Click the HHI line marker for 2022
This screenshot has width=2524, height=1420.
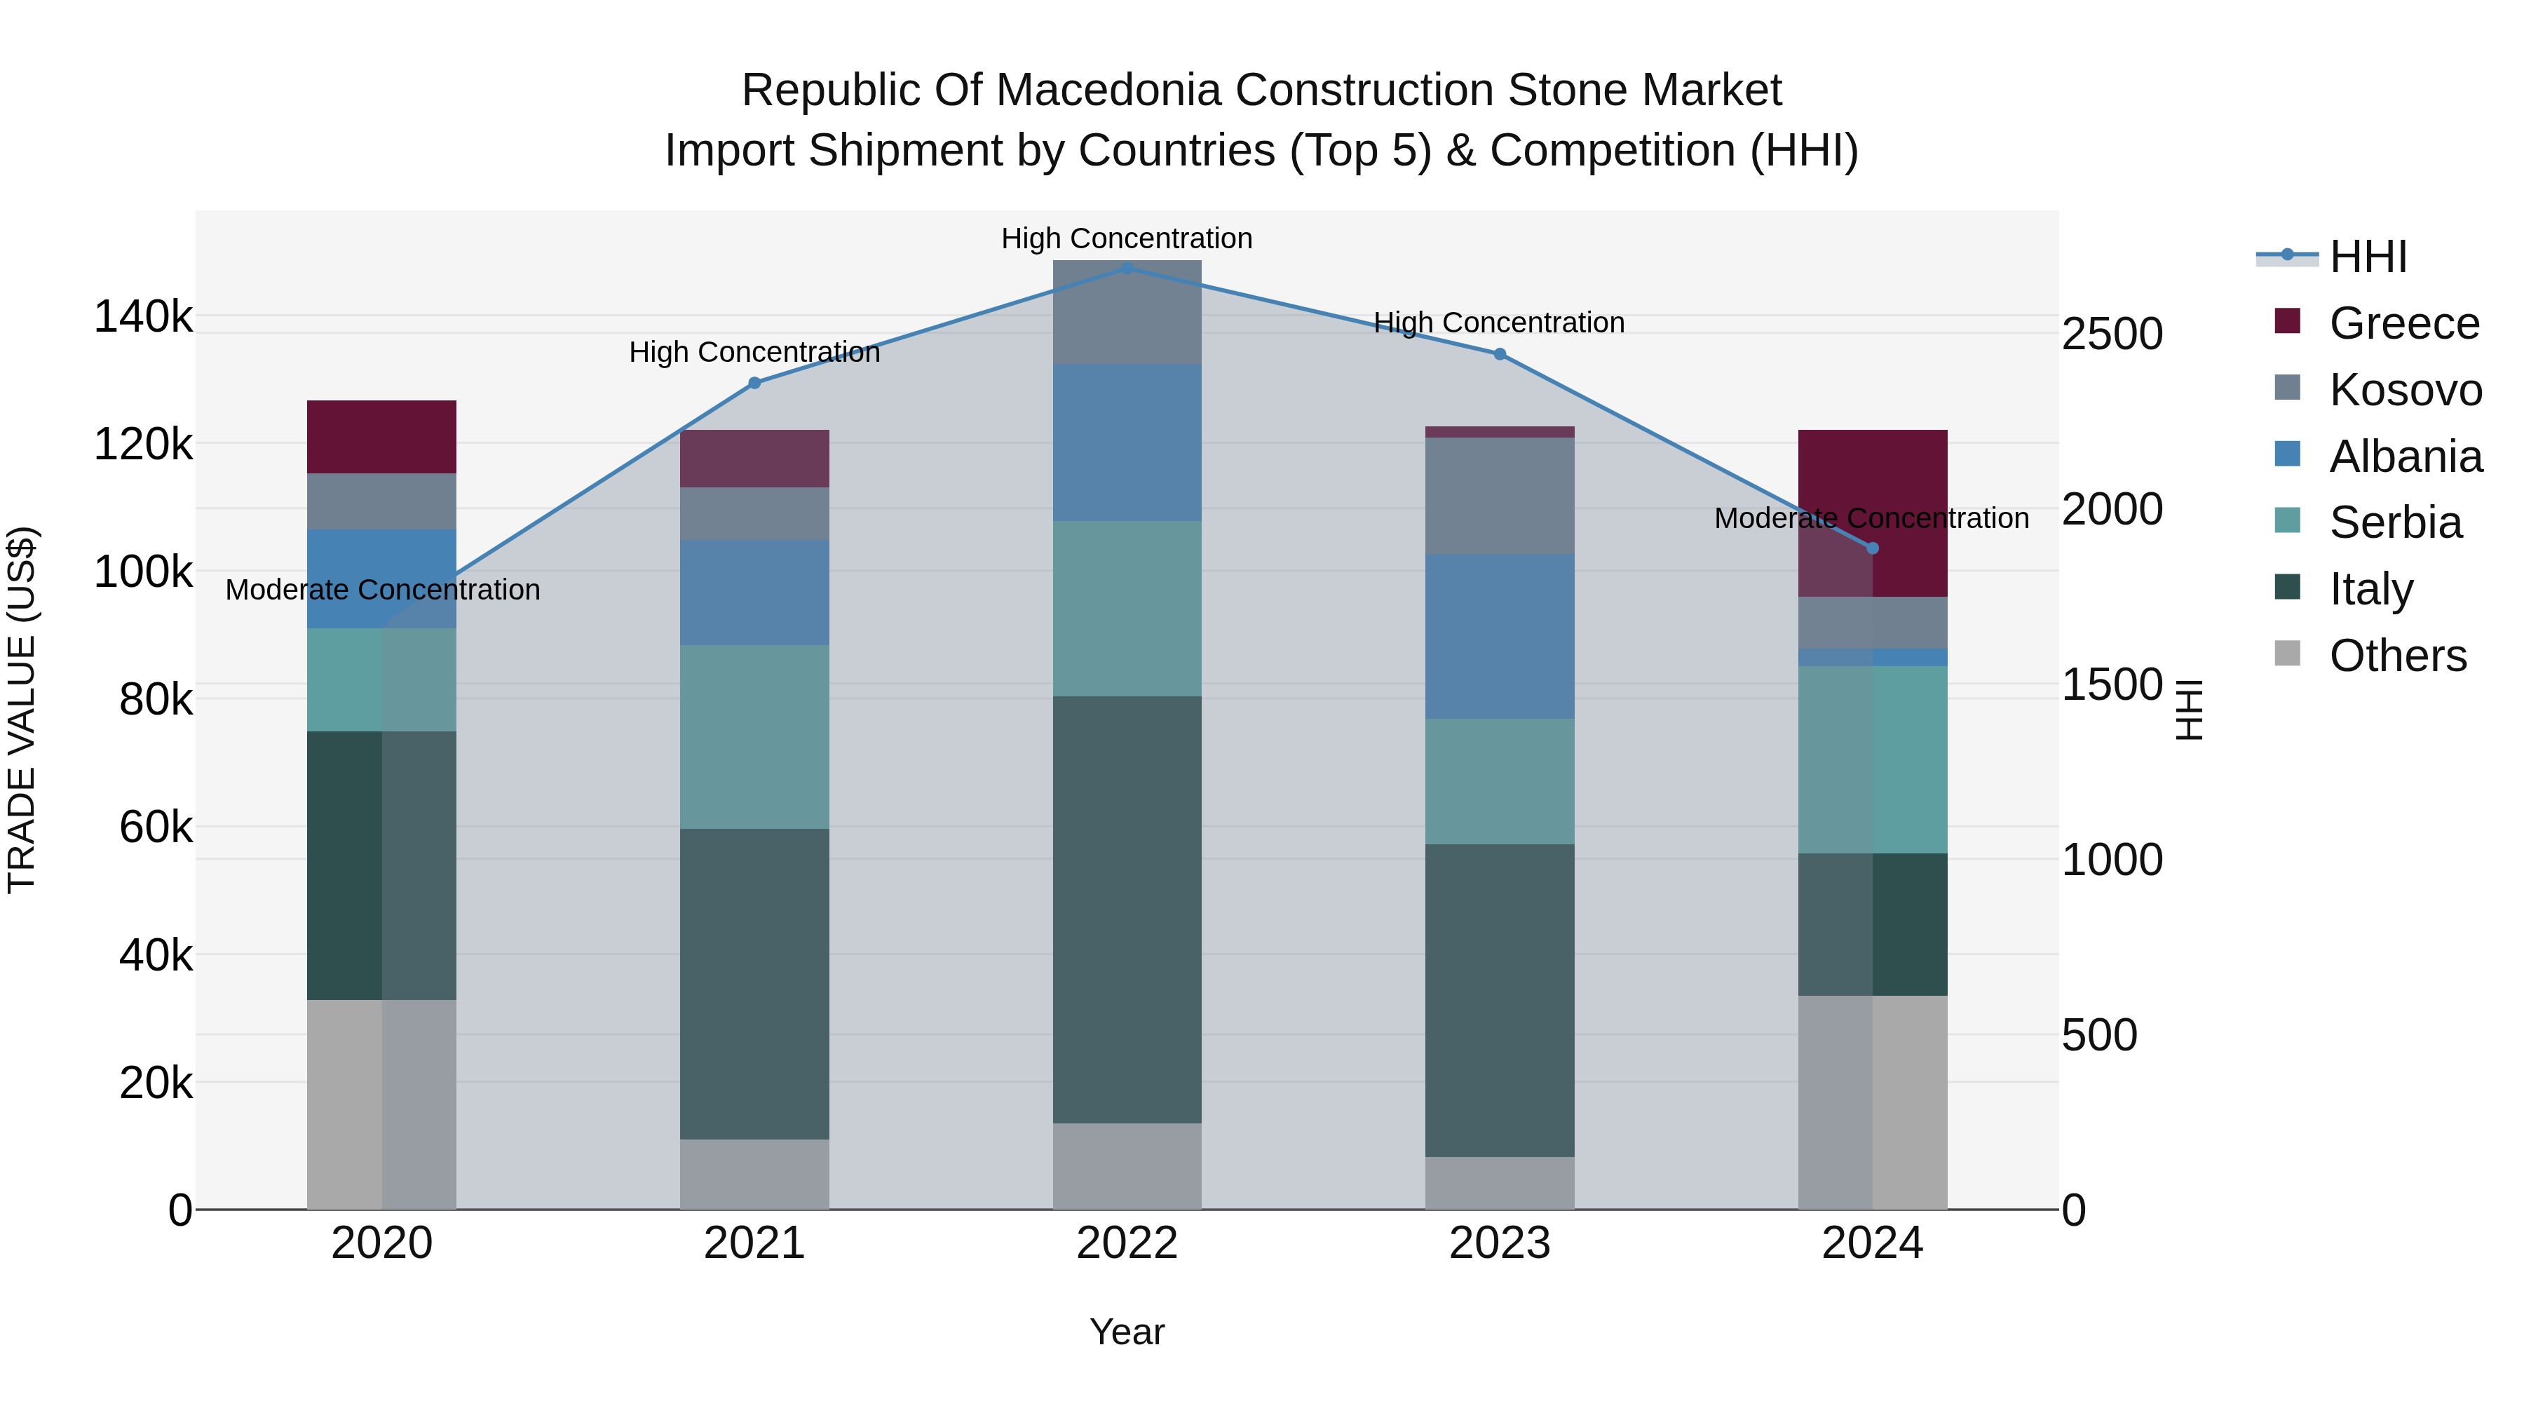(x=1127, y=268)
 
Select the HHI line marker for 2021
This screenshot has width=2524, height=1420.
(x=754, y=383)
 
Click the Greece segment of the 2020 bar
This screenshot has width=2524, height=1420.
(x=381, y=437)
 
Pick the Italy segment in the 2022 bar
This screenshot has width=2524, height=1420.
(x=1127, y=910)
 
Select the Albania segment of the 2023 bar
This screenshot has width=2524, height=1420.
(x=1499, y=636)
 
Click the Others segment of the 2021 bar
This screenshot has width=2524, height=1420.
(x=754, y=1174)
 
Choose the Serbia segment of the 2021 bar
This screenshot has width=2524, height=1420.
(x=754, y=737)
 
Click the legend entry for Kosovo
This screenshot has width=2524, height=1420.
(x=2406, y=390)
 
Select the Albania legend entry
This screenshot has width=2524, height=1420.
(x=2406, y=457)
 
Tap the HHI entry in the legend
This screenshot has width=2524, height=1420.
(x=2367, y=257)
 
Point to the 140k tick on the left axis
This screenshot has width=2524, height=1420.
(x=143, y=318)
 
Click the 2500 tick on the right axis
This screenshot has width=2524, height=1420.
(x=2112, y=334)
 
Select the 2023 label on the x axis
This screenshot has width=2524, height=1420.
(x=1499, y=1243)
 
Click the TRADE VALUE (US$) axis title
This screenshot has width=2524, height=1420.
(x=22, y=710)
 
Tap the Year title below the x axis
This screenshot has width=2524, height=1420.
(x=1127, y=1332)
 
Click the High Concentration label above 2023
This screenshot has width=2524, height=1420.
(x=1499, y=323)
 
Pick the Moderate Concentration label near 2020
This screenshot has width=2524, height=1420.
(x=382, y=590)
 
